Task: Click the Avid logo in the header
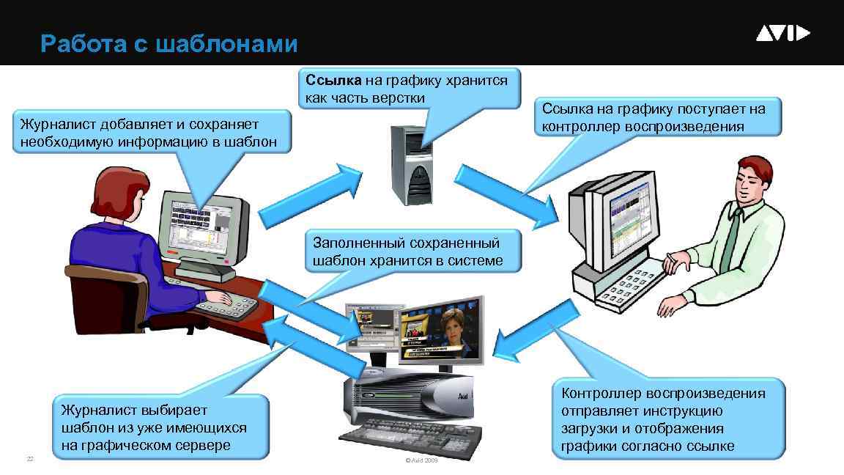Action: pos(782,34)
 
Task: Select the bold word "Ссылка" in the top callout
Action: pos(330,80)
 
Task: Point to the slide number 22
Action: pos(30,459)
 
